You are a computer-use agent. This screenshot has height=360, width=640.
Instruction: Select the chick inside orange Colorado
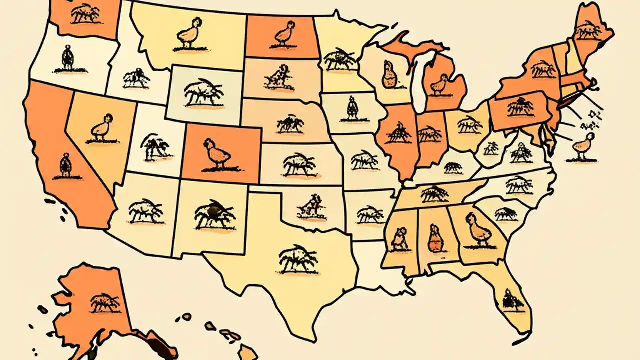click(x=216, y=154)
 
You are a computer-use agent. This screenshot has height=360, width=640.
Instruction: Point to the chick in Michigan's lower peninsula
click(x=440, y=83)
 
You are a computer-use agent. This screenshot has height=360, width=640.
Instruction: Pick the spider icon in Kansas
click(x=298, y=164)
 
